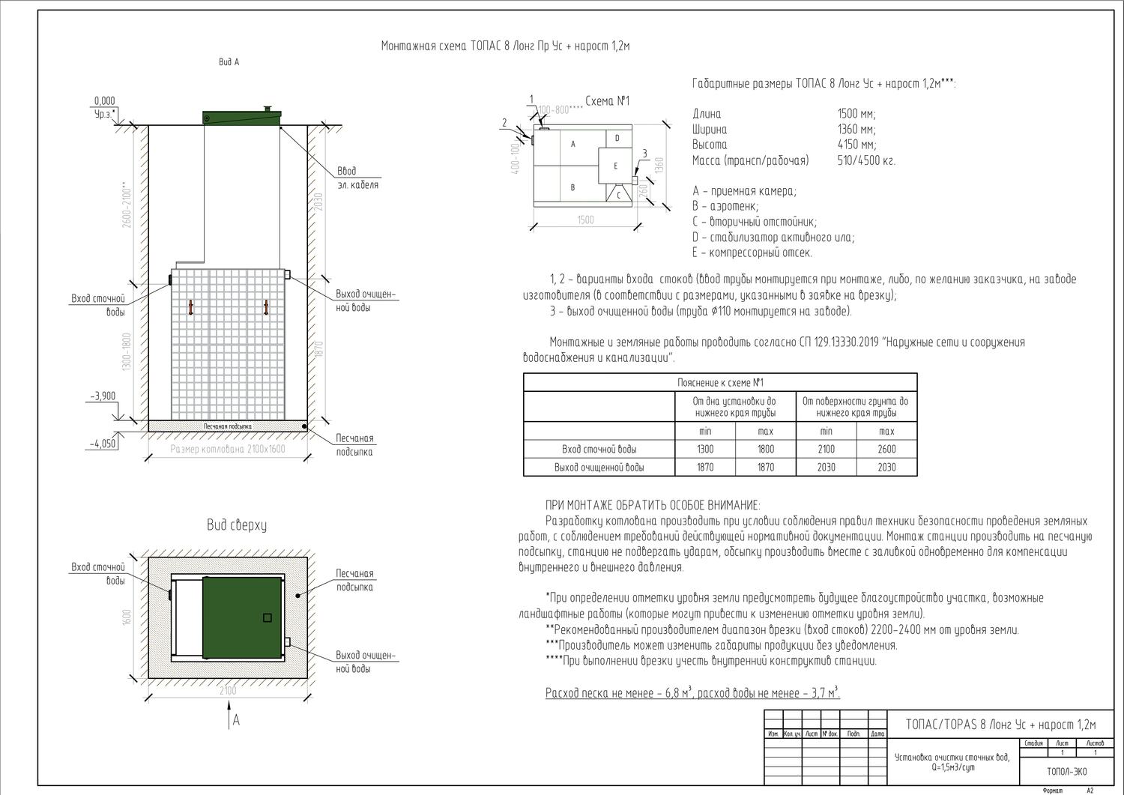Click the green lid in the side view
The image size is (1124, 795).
(x=242, y=117)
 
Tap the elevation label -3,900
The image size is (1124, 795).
(x=103, y=396)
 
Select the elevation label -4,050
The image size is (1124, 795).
(x=103, y=444)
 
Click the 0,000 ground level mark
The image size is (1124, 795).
(x=104, y=101)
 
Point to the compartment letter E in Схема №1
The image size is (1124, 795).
(x=615, y=165)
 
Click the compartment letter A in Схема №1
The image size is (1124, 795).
(x=573, y=143)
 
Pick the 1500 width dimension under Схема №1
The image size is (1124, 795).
(x=585, y=220)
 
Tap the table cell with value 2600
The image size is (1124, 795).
(x=886, y=449)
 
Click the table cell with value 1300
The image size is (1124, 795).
(x=705, y=449)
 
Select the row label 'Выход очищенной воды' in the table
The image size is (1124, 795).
(x=599, y=467)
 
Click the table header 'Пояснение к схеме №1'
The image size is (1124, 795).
(x=720, y=382)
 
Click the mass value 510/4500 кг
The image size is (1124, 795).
(x=866, y=160)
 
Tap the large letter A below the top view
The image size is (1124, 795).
(x=236, y=720)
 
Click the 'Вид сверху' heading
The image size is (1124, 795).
(x=237, y=525)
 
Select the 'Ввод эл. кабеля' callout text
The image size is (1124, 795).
(x=357, y=178)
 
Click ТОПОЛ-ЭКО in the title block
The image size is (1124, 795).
(x=1066, y=771)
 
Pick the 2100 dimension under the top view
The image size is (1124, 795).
(x=228, y=690)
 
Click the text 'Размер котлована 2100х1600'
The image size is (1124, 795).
(x=228, y=449)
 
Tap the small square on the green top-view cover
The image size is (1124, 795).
(x=267, y=617)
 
